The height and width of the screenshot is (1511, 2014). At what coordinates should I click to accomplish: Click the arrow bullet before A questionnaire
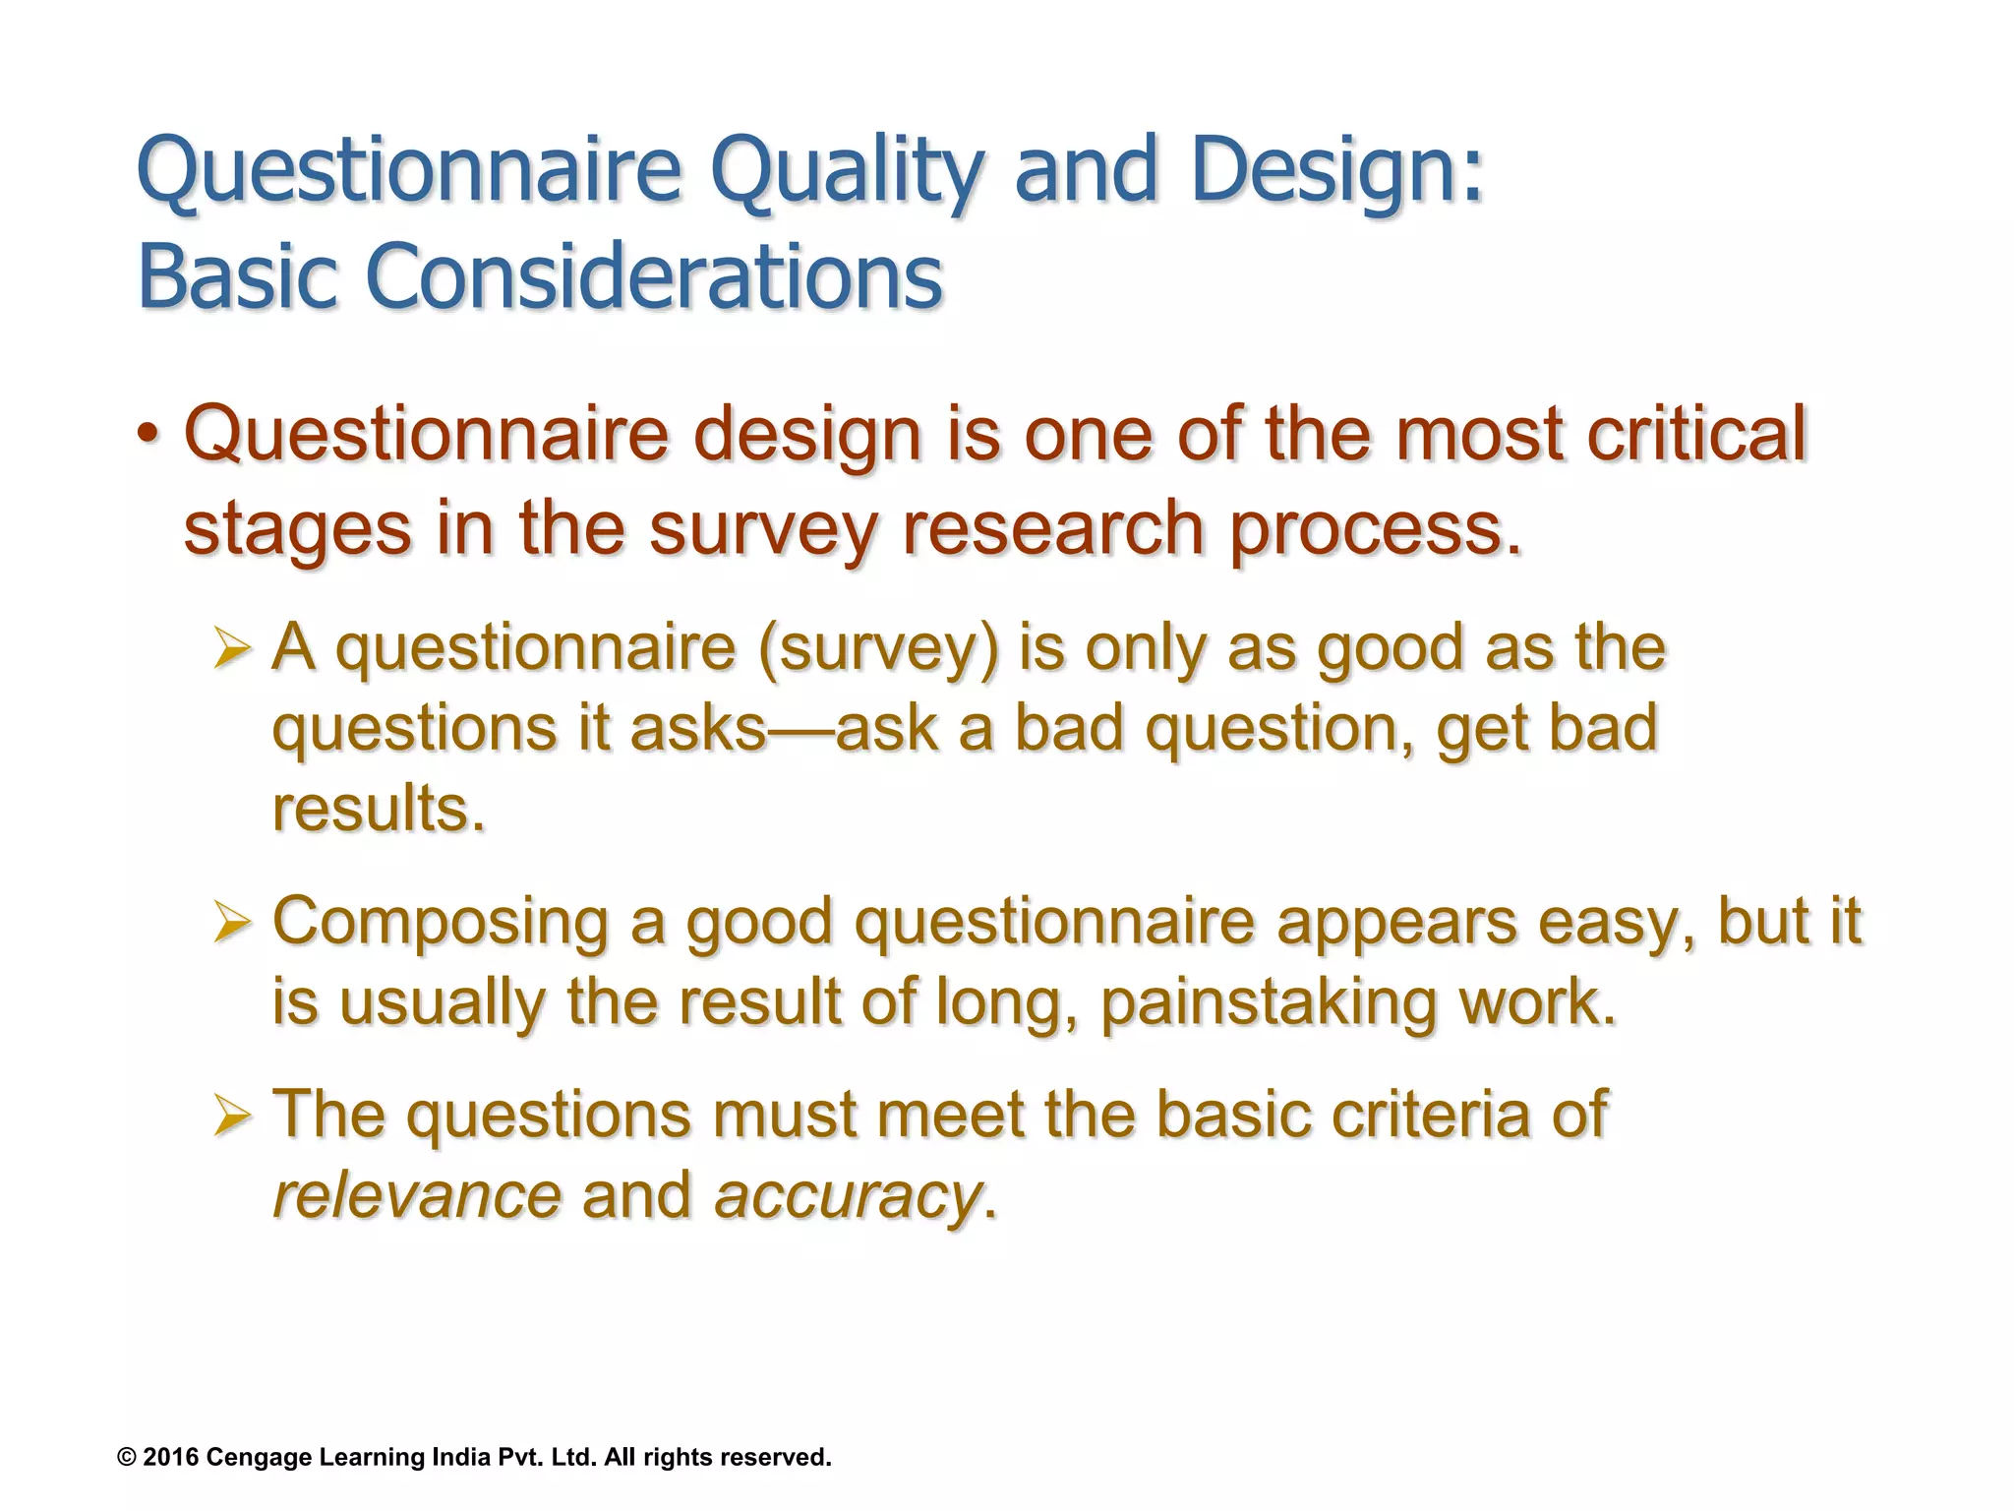click(x=234, y=649)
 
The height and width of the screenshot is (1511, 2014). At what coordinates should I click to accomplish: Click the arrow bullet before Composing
click(x=234, y=922)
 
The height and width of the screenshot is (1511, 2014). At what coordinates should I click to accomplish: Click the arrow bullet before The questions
click(x=234, y=1115)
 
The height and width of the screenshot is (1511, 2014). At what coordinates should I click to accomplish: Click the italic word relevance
click(x=417, y=1196)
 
